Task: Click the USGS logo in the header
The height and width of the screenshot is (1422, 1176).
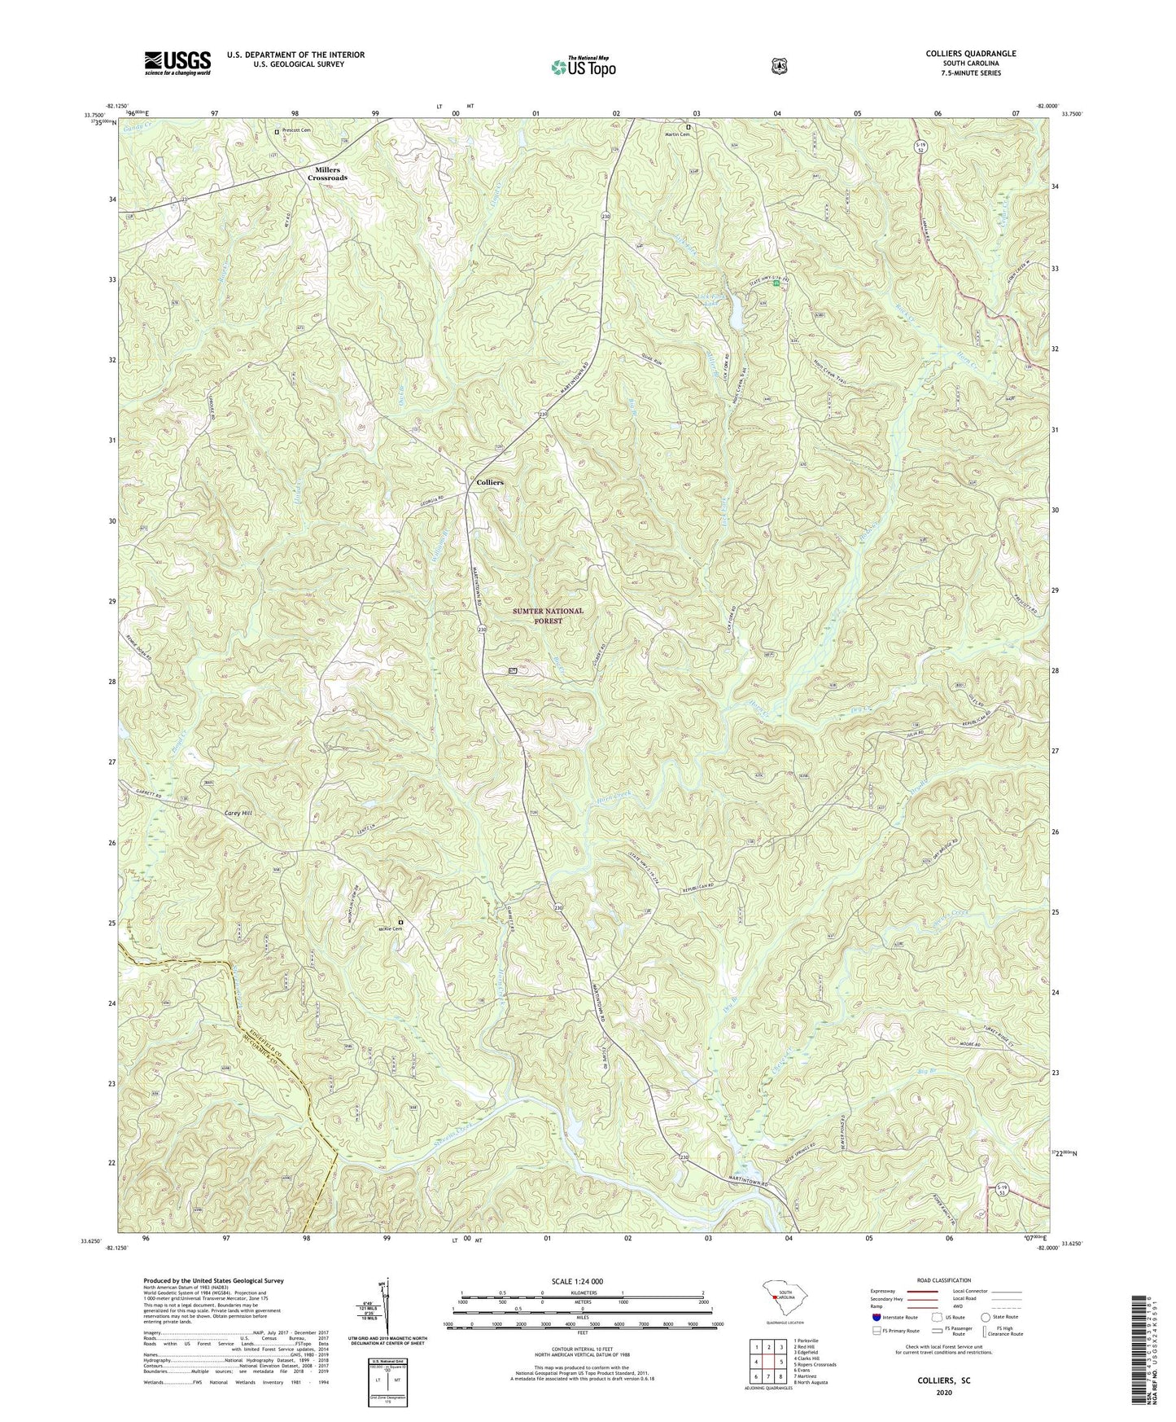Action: pyautogui.click(x=177, y=62)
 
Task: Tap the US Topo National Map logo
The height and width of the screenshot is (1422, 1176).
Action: pyautogui.click(x=581, y=66)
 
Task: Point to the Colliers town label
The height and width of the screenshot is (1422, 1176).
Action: pyautogui.click(x=490, y=482)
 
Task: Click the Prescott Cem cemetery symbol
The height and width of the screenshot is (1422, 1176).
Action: pyautogui.click(x=277, y=130)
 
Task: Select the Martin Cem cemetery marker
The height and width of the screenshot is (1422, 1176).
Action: pyautogui.click(x=688, y=127)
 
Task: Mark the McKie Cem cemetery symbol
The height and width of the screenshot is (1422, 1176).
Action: pyautogui.click(x=400, y=922)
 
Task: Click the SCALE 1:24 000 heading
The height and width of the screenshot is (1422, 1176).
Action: pyautogui.click(x=582, y=1281)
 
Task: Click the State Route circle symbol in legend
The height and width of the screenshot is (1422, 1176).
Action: pyautogui.click(x=986, y=1316)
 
